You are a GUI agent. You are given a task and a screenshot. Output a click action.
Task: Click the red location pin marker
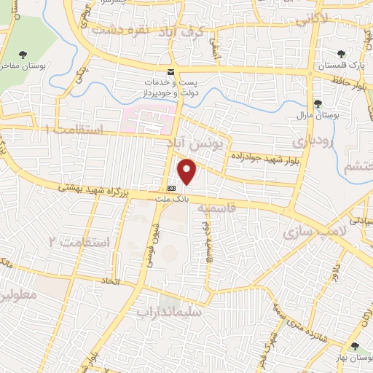[x=188, y=171]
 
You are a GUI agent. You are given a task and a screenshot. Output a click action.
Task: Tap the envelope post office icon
[x=171, y=72]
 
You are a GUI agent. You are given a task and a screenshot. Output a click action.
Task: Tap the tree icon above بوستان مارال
[x=317, y=103]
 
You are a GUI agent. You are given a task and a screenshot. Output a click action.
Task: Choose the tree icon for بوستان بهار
[x=354, y=347]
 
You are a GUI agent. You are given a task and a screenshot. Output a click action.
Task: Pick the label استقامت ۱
[x=73, y=130]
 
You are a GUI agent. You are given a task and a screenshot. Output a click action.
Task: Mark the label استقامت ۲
[x=79, y=240]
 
